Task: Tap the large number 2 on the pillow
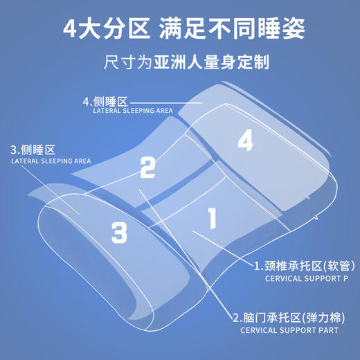click(147, 167)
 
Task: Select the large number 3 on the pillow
click(119, 231)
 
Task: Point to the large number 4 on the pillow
click(245, 141)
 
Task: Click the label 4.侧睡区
click(105, 101)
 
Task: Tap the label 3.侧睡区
click(32, 150)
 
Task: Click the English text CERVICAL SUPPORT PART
click(290, 331)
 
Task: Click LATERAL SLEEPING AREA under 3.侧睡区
click(51, 161)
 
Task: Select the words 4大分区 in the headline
click(105, 30)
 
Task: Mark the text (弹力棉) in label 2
click(325, 318)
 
